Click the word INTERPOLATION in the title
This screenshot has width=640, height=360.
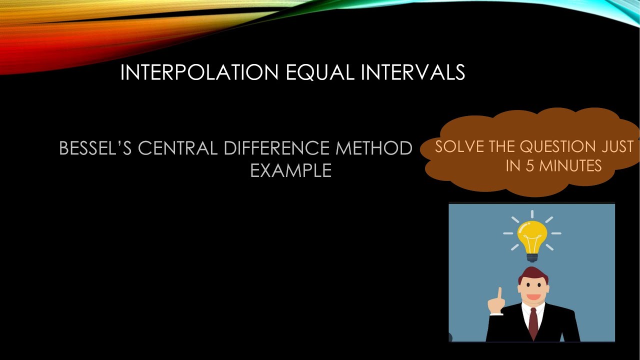[199, 73]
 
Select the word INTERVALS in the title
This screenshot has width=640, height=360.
[413, 73]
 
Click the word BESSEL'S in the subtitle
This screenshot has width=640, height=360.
[95, 148]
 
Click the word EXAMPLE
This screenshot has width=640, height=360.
[290, 171]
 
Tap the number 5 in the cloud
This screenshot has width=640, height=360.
[529, 166]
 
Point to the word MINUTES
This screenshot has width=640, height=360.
[570, 166]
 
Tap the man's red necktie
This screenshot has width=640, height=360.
[533, 322]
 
